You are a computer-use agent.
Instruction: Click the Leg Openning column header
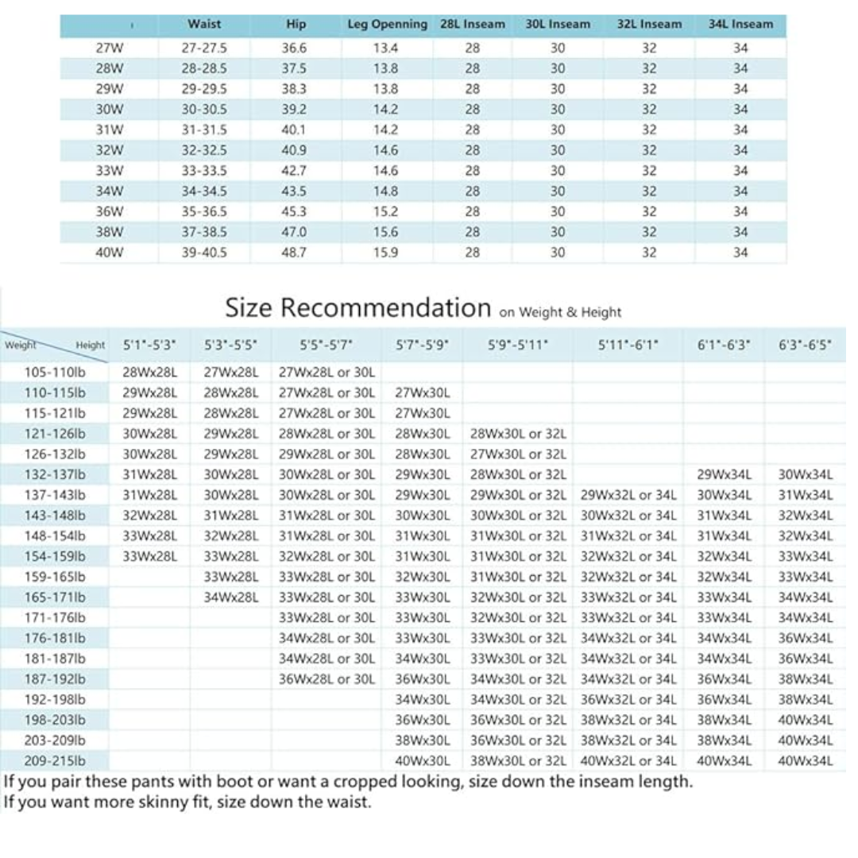coord(387,24)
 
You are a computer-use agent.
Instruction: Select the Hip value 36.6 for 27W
coord(294,48)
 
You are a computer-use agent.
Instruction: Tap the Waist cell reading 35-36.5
coord(204,211)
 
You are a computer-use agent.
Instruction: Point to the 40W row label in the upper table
coord(109,253)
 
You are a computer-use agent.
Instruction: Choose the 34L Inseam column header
coord(740,24)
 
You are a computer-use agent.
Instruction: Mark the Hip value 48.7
coord(294,253)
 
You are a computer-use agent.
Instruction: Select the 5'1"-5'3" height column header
coord(150,345)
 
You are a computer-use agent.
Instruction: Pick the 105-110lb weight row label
coord(55,372)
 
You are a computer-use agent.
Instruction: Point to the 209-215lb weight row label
coord(55,760)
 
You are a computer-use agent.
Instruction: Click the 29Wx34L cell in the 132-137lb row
coord(723,475)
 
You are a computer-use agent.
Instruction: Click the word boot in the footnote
coord(234,781)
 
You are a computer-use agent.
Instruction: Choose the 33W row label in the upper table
coord(109,171)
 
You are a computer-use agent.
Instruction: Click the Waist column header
coord(204,24)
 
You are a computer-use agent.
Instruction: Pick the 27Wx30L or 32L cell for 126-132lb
coord(518,454)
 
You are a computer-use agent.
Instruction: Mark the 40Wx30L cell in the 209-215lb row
coord(423,760)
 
